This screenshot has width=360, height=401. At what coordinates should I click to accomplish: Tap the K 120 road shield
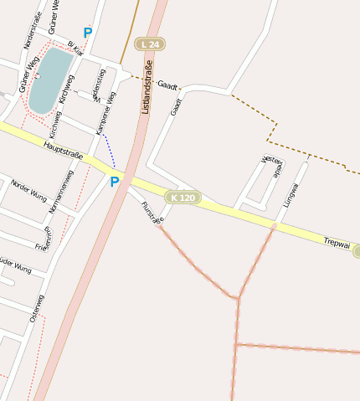click(182, 198)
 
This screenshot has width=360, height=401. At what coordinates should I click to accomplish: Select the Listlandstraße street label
click(147, 87)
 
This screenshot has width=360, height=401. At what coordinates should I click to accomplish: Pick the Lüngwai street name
click(291, 193)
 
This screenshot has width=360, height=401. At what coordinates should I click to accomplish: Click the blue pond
click(49, 80)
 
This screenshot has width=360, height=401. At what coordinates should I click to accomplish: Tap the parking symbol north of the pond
click(87, 33)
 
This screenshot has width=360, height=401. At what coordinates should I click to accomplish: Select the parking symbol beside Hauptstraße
click(115, 182)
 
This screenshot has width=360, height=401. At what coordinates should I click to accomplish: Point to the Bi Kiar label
click(75, 49)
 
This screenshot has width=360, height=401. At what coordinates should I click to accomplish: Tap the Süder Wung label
click(15, 269)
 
